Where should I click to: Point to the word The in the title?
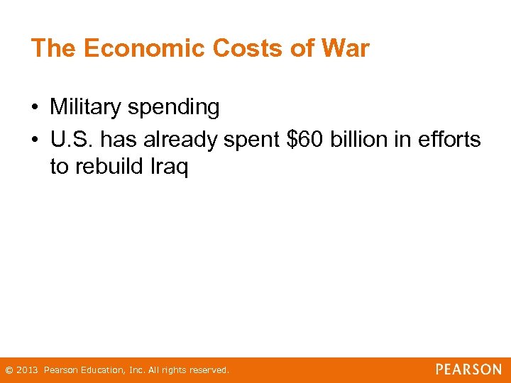click(54, 48)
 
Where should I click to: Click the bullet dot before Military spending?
click(35, 108)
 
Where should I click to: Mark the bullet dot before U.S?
click(35, 140)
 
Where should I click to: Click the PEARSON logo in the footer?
click(468, 370)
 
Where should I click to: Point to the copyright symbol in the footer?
click(9, 370)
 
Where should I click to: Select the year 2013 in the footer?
click(27, 370)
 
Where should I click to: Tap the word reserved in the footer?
click(209, 370)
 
